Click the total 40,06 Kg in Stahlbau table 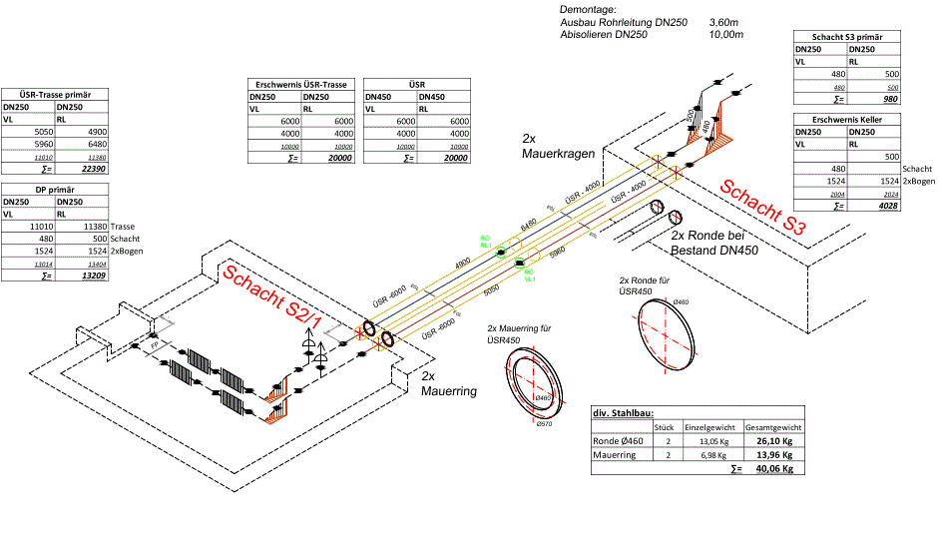click(x=773, y=467)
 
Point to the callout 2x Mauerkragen click(x=558, y=147)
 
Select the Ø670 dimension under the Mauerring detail click(x=544, y=424)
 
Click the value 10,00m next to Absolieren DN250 click(x=725, y=34)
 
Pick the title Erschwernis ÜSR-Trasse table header click(x=301, y=85)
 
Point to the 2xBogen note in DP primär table click(x=127, y=252)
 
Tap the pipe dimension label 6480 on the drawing click(x=529, y=222)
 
